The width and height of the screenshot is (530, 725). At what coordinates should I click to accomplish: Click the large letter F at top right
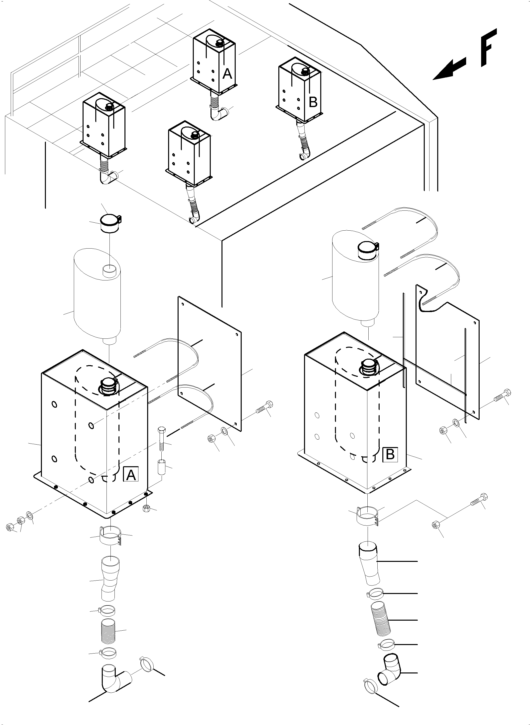click(488, 48)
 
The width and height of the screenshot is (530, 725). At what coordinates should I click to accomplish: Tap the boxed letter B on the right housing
click(390, 454)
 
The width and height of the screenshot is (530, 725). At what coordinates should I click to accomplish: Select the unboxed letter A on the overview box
click(227, 74)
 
